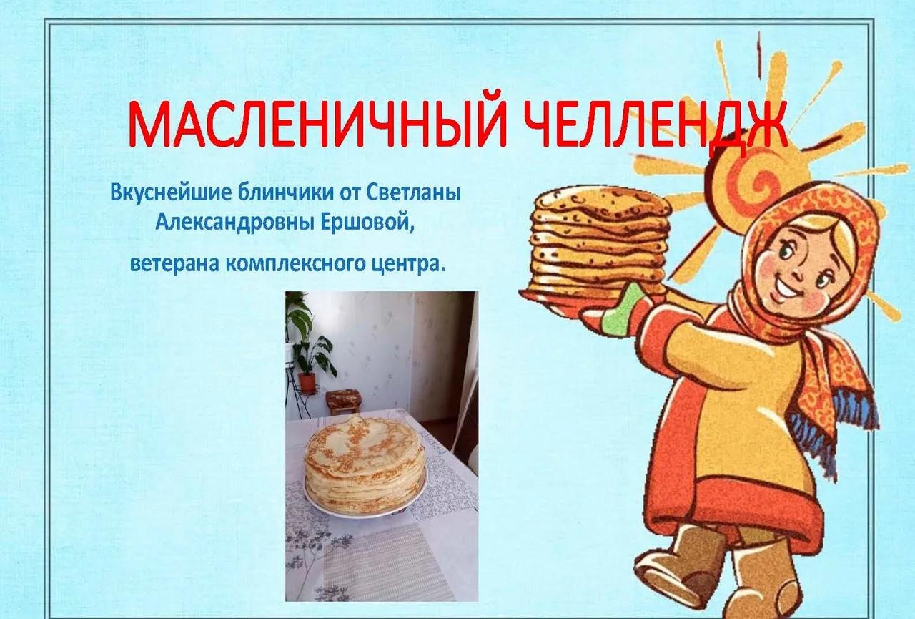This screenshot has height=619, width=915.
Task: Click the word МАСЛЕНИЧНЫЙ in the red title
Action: pos(315,122)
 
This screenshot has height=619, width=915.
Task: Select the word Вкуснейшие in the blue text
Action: pos(171,192)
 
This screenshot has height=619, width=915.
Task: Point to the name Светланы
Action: pos(414,192)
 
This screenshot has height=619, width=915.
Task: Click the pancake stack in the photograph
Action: pos(364,464)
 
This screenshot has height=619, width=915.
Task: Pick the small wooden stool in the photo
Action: pos(343,401)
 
